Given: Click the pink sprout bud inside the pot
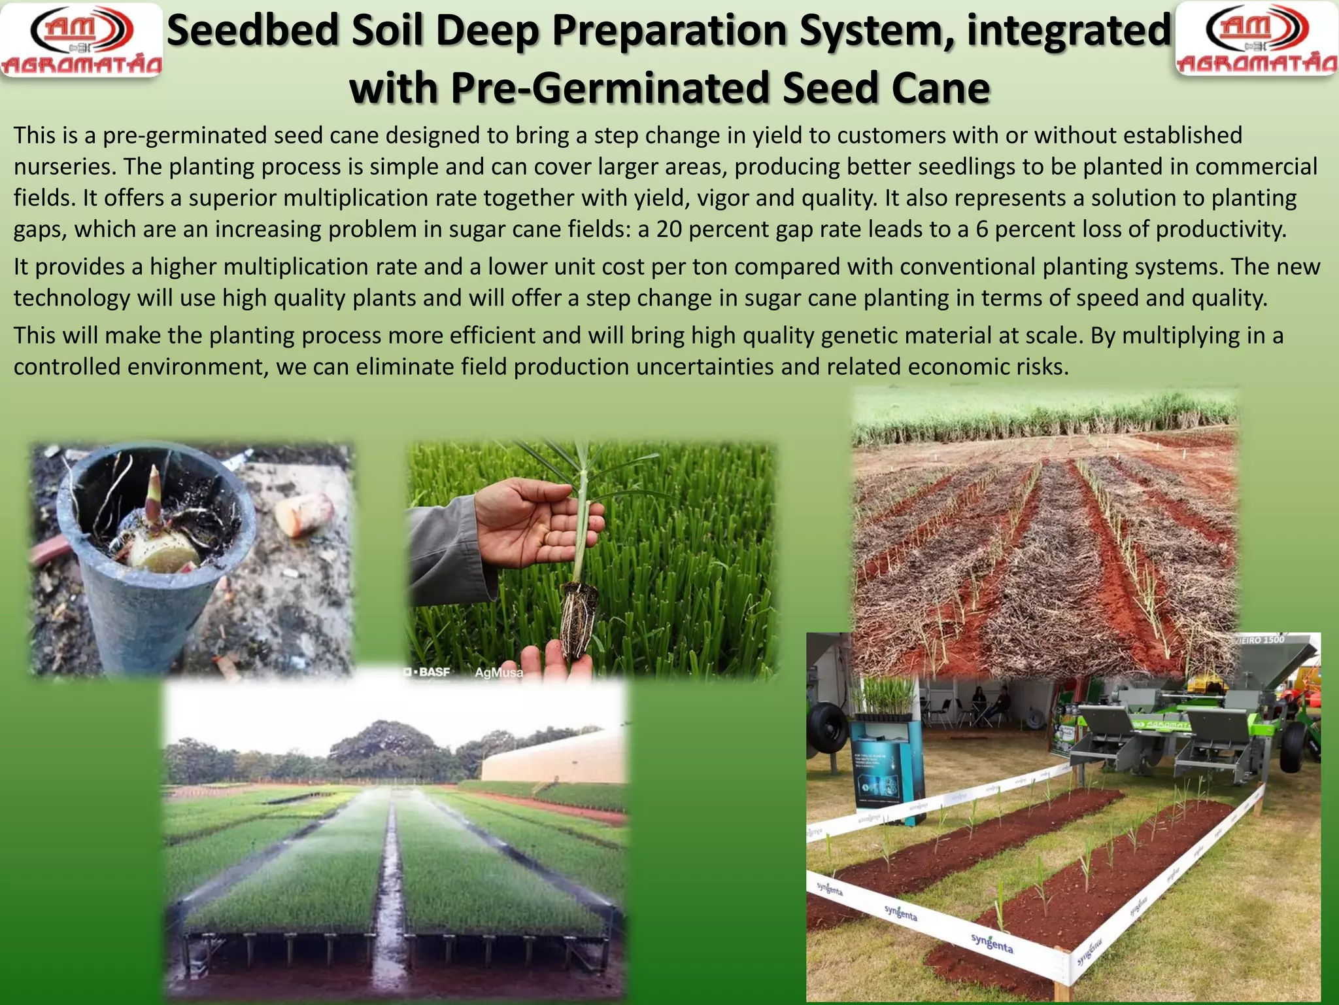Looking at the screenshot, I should pyautogui.click(x=155, y=487).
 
